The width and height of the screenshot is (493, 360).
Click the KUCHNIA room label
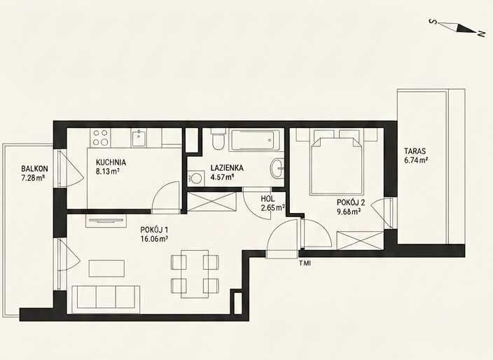[x=111, y=162]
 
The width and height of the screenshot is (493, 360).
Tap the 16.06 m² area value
[x=154, y=239]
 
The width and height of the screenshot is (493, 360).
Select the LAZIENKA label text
[x=227, y=168]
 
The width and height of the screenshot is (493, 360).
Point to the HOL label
[x=268, y=199]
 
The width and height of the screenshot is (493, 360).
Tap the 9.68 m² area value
[x=349, y=212]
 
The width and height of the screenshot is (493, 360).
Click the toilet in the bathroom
[x=218, y=139]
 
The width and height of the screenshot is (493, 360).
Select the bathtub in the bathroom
[x=254, y=140]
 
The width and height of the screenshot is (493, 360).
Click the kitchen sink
[x=139, y=138]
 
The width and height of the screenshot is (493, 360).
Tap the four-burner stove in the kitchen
[x=100, y=138]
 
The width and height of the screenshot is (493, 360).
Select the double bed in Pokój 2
[x=337, y=165]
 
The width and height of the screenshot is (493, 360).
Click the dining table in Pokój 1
[x=195, y=274]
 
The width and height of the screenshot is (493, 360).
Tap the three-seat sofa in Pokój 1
[x=106, y=299]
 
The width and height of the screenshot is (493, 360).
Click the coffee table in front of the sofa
[x=106, y=268]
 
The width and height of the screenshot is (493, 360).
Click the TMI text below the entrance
[x=305, y=263]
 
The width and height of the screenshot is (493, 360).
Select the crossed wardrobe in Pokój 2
[x=360, y=240]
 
